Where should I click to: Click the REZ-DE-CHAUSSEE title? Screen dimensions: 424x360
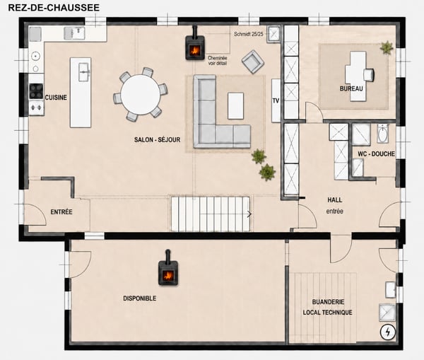54,7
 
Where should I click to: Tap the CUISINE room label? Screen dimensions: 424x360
56,98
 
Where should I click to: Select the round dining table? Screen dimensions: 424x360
141,95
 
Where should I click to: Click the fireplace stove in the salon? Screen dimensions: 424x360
195,46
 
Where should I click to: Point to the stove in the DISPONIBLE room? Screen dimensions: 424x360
168,270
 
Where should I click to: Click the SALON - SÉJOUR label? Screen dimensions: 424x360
158,139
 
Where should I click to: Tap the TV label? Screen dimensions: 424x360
276,100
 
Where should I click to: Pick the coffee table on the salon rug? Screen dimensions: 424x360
235,106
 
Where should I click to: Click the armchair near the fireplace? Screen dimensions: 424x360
253,62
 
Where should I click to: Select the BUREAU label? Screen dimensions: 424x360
351,88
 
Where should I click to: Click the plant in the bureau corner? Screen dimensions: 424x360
387,47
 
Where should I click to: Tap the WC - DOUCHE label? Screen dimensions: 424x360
377,153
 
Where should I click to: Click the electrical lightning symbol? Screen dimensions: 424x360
388,332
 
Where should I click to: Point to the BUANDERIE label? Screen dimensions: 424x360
329,302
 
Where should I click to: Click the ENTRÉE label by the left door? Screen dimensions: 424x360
61,211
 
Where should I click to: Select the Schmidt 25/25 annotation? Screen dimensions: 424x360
249,34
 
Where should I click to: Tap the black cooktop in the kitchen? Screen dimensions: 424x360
36,91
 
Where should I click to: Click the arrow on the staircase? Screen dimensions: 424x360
249,214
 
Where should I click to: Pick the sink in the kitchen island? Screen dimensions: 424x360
83,71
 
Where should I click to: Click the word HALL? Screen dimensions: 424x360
335,200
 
